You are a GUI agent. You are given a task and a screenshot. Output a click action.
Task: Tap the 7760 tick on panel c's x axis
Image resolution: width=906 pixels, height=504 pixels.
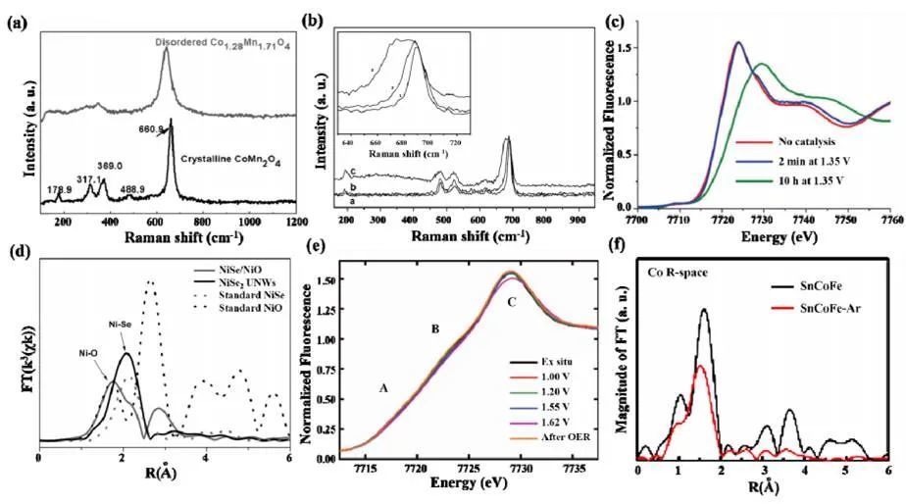click(888, 223)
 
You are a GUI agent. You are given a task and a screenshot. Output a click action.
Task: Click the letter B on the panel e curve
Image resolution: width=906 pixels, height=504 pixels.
click(434, 329)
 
